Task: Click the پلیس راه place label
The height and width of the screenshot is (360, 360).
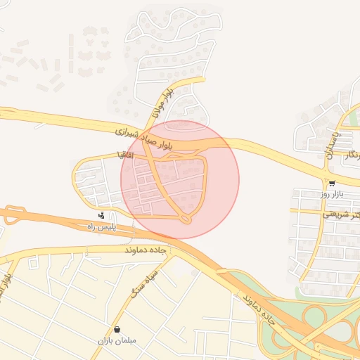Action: [100, 226]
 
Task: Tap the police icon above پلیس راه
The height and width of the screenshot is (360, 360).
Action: [103, 215]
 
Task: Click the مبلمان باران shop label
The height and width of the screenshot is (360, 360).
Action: [117, 340]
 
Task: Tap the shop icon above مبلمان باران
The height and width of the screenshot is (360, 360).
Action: [117, 329]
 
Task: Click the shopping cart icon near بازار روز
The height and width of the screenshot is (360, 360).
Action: [332, 182]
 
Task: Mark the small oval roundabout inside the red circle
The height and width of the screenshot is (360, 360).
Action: [186, 219]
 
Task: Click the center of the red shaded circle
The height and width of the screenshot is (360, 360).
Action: [180, 179]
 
